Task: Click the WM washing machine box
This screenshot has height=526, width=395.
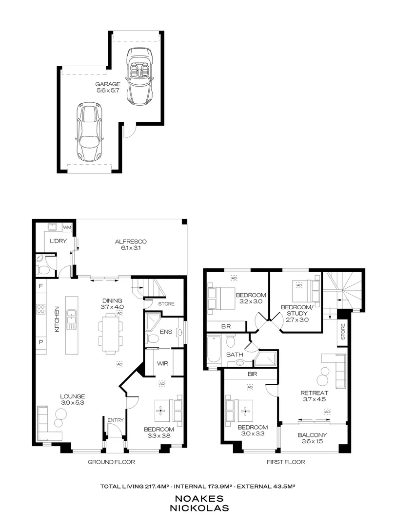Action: (x=67, y=227)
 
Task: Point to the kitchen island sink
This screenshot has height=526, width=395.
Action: (x=73, y=319)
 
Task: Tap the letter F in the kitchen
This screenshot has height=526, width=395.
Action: (x=40, y=286)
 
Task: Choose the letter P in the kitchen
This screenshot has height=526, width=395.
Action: (x=40, y=343)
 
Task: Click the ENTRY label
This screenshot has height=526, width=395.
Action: (x=116, y=420)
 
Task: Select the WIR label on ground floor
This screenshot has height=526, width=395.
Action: (x=162, y=363)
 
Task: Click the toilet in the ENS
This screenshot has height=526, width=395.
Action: (x=153, y=338)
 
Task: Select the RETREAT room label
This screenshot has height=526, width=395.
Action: (x=314, y=393)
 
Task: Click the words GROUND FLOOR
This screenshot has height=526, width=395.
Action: (x=111, y=462)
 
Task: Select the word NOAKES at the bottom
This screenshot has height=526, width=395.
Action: (x=197, y=498)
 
